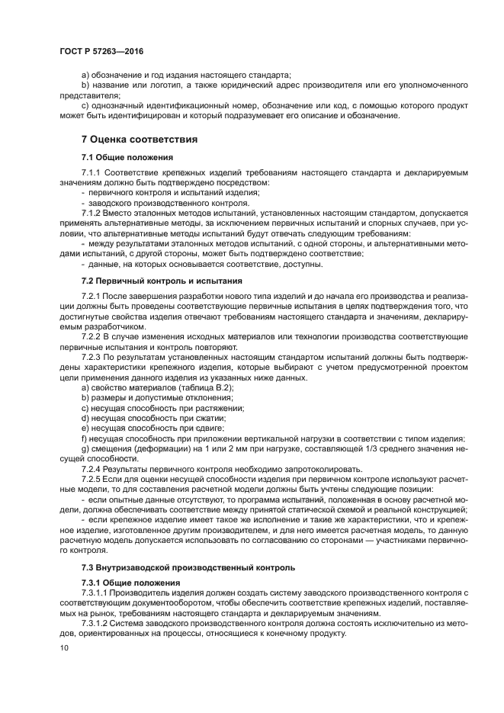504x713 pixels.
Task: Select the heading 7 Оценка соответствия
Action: click(139, 140)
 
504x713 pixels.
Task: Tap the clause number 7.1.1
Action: click(91, 174)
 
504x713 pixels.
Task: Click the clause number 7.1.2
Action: click(91, 214)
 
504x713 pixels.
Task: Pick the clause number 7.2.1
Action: click(91, 296)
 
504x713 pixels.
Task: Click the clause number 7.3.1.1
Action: click(95, 593)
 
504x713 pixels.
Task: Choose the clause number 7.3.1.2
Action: click(95, 622)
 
